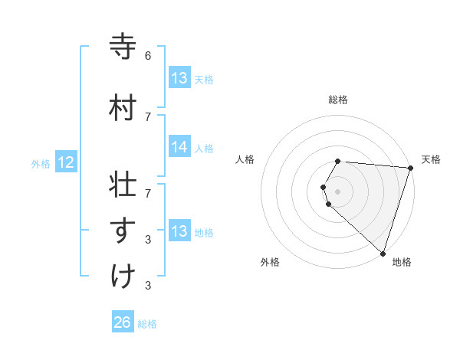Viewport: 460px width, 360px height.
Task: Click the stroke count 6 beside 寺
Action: pos(148,56)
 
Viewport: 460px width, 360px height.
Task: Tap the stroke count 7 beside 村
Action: pos(148,116)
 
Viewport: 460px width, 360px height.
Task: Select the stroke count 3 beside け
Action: pos(148,286)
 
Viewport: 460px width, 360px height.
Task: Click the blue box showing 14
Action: pos(179,148)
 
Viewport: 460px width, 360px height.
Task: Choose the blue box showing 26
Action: pos(123,323)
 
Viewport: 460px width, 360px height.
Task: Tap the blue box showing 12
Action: pos(66,162)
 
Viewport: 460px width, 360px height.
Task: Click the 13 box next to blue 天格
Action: pos(179,78)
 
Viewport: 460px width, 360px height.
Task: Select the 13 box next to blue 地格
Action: pos(179,232)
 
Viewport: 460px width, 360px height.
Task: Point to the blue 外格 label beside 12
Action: pos(41,163)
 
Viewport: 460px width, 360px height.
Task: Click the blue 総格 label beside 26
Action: pos(147,324)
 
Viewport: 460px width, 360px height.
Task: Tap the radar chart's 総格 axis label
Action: pos(338,100)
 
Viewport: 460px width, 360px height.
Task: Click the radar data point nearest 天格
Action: pos(411,168)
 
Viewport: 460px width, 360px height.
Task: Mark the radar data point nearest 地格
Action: pos(383,253)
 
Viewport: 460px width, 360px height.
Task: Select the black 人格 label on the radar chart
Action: pos(245,159)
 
